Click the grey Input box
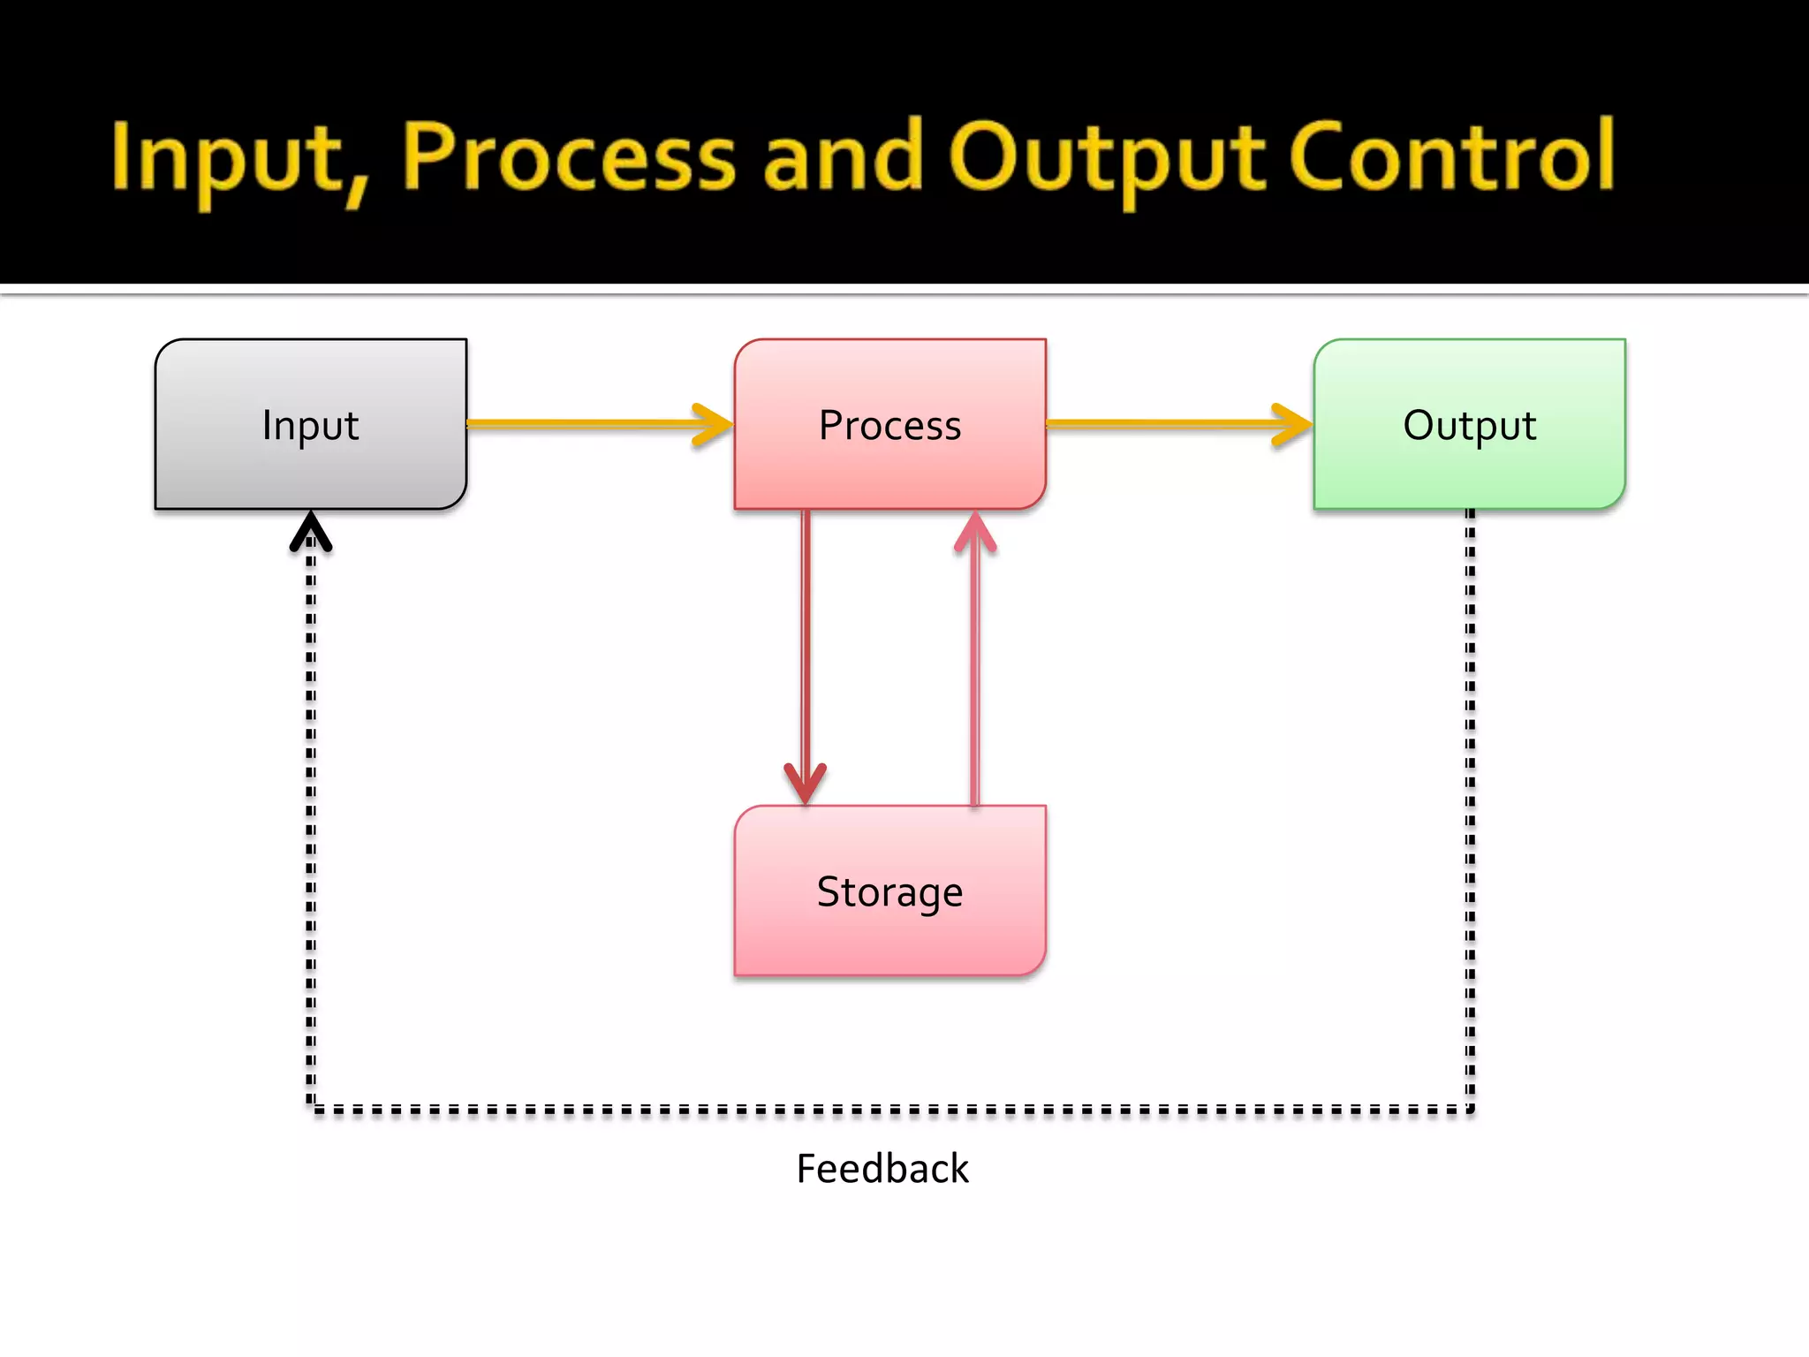pos(311,424)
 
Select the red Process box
pos(890,424)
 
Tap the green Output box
pos(1470,424)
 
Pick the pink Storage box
pos(890,891)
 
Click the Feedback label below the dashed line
pos(882,1168)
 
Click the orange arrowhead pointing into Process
pos(714,424)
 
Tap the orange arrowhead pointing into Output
pos(1292,424)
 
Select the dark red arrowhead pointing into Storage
pos(806,783)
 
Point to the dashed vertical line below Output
pos(1470,795)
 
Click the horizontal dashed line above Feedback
pos(883,1109)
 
